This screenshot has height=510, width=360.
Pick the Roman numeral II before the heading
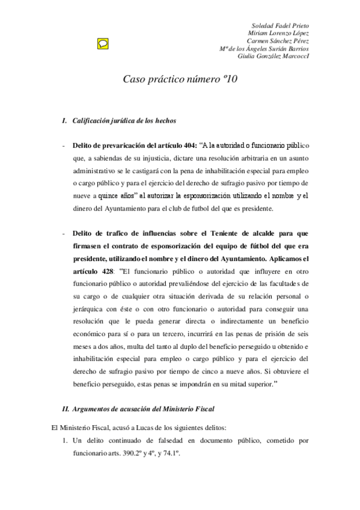[66, 409]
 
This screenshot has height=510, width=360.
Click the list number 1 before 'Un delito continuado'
[64, 441]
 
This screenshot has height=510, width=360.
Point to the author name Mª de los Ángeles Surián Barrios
[264, 49]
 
